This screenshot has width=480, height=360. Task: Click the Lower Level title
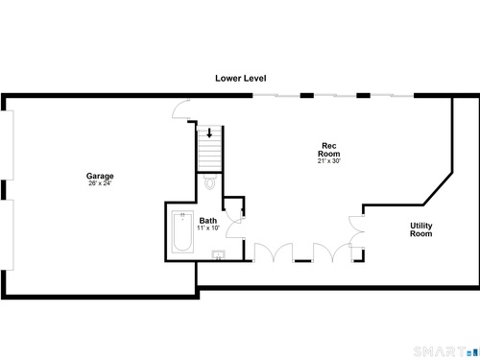241,78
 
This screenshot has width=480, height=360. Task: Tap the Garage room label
100,176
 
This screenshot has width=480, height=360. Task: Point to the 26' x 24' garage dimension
100,183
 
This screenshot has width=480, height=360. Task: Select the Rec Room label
329,150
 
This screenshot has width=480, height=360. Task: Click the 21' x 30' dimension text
329,161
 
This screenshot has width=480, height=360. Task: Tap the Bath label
208,221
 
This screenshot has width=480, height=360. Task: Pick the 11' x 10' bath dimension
208,228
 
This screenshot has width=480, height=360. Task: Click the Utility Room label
421,229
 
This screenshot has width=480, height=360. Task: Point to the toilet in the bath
210,181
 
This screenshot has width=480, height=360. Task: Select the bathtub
182,231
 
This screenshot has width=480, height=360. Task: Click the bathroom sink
219,255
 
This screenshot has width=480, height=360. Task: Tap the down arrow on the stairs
209,132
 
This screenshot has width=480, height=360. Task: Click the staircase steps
209,149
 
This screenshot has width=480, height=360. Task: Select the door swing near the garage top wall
181,109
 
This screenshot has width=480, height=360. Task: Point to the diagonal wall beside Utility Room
438,189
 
